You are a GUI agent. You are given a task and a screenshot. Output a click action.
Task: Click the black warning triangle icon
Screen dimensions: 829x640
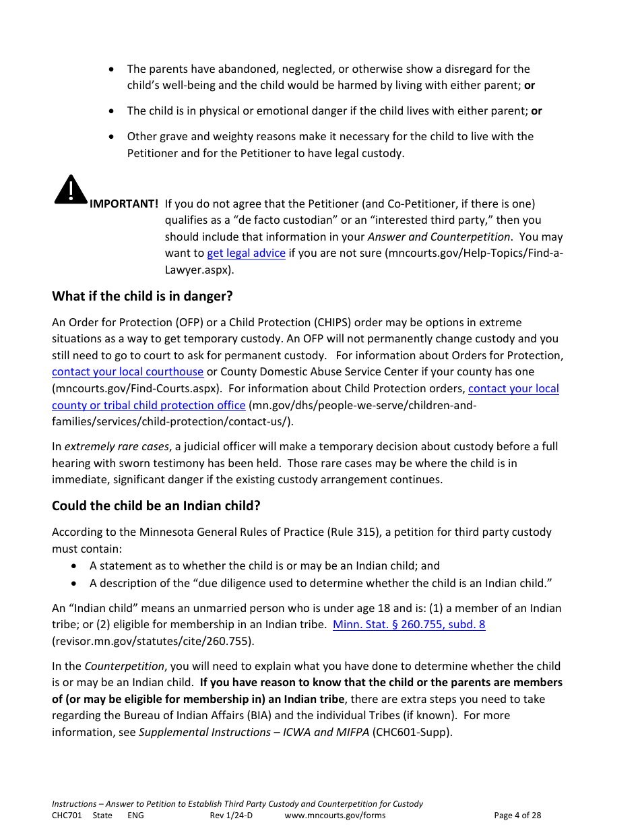point(71,189)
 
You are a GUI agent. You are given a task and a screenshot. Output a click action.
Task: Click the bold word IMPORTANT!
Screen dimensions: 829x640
point(124,204)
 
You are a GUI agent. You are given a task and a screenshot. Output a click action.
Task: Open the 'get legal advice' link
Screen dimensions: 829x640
point(246,253)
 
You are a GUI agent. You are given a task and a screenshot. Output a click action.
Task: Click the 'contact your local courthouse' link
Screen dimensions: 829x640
point(127,371)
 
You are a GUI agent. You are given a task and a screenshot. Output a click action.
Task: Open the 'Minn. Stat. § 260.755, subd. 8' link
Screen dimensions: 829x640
point(409,624)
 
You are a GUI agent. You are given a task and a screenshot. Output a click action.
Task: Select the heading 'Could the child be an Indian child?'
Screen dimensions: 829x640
point(156,505)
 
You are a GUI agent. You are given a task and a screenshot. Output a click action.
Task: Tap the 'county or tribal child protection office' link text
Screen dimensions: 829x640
point(148,405)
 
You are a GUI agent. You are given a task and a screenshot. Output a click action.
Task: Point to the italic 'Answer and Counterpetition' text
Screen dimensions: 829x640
point(438,237)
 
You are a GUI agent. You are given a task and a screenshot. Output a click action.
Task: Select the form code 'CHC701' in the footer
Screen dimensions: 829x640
point(67,816)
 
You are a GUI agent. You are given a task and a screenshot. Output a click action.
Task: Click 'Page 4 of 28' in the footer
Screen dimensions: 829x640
point(517,816)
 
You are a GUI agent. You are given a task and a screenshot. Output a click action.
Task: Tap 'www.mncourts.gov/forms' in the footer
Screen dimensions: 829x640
point(335,816)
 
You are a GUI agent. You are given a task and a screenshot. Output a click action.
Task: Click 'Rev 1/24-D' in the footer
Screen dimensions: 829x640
point(231,816)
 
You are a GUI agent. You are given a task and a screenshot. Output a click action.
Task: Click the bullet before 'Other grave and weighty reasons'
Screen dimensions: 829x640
point(112,137)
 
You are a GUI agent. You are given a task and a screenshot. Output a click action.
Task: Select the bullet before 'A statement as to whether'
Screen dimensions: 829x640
point(74,566)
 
